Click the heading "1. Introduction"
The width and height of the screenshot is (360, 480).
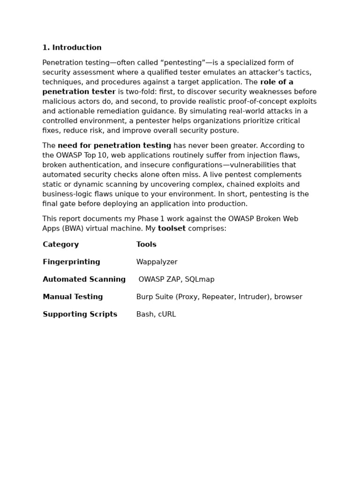[x=72, y=48]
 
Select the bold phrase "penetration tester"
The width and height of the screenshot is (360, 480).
[x=79, y=92]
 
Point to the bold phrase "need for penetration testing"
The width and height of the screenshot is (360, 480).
[x=114, y=146]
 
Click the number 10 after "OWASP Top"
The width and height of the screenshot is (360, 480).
[x=102, y=156]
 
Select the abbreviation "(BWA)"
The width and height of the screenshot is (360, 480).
[x=72, y=229]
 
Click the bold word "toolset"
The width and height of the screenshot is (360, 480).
[x=172, y=229]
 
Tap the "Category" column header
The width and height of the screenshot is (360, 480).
[x=60, y=245]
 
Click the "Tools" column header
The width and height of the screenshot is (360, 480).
[x=146, y=245]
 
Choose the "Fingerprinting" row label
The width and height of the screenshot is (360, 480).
[x=71, y=262]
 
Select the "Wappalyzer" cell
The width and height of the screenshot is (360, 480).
[x=157, y=262]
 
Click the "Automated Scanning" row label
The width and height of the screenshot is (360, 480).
[x=84, y=279]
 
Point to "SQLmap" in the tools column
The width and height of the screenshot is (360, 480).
[x=200, y=279]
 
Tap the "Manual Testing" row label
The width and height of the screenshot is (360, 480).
[x=73, y=297]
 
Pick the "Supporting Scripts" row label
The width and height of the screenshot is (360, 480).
[x=80, y=315]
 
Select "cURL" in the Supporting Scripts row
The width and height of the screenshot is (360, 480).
[x=167, y=315]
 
